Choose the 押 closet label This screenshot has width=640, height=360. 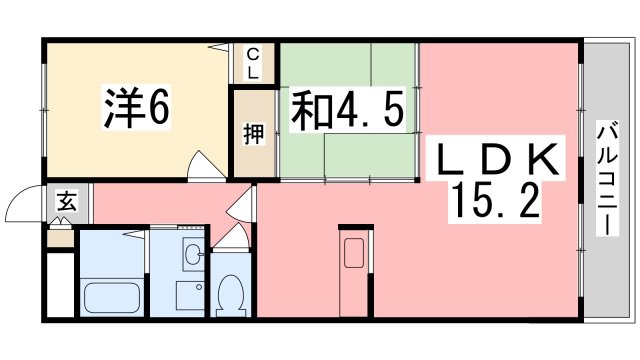point(253,134)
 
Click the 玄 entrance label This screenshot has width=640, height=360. point(64,203)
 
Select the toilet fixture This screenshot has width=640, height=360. point(231,292)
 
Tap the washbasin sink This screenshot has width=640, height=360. point(192,256)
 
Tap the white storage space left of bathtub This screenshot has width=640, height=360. point(61,284)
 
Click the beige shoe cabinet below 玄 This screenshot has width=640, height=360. point(62,238)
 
